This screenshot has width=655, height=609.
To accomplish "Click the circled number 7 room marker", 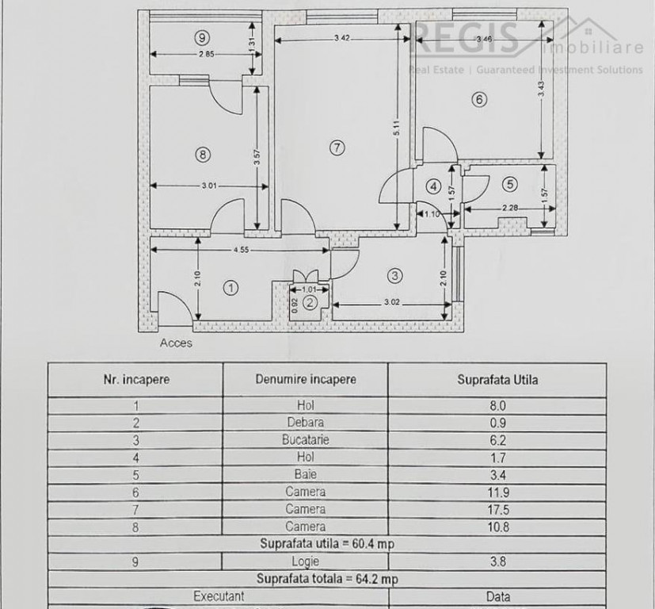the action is (x=337, y=147).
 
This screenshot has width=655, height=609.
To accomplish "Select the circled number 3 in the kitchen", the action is (x=394, y=275).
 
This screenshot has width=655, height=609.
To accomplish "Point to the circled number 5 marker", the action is (x=510, y=185).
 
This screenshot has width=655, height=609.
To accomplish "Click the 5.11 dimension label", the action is (x=397, y=130).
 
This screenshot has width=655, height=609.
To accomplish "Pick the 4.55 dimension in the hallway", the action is (x=241, y=250).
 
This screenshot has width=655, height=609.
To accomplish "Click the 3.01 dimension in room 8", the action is (x=209, y=186).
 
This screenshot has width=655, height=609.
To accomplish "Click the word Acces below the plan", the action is (x=176, y=343).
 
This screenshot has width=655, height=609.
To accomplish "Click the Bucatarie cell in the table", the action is (x=305, y=439).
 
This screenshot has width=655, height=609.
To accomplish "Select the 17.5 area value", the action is (x=497, y=509).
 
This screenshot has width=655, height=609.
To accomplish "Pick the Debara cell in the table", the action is (x=305, y=422).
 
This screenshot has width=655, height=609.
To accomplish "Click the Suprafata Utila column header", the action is (x=497, y=379).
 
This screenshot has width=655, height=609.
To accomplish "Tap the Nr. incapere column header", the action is (x=136, y=379).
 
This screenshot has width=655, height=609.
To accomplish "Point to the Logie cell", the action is (x=305, y=561).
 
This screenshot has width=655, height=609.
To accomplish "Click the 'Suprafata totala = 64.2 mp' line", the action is (x=327, y=579).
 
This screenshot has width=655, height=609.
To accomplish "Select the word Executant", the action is (x=219, y=596).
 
